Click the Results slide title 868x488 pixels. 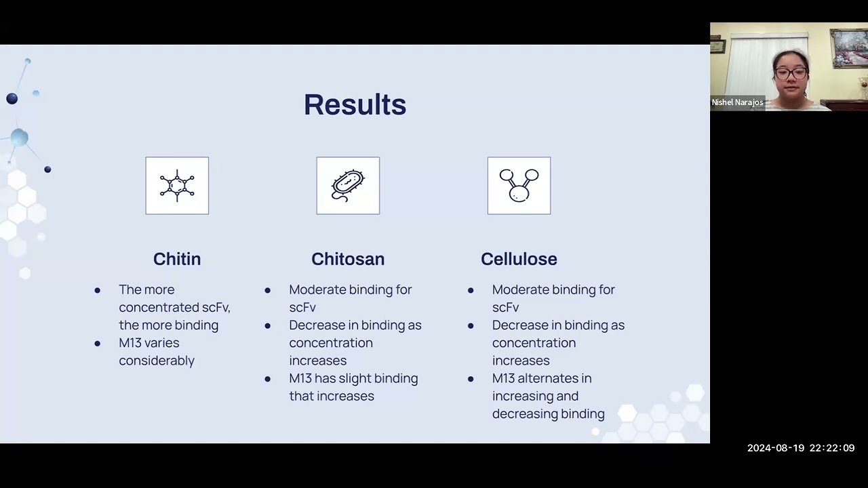[x=355, y=105]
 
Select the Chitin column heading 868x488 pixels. [x=177, y=259]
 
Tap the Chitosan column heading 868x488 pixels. [x=348, y=259]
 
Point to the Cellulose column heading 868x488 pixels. [x=519, y=259]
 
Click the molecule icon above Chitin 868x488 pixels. [x=177, y=186]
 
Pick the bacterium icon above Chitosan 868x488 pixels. [x=348, y=186]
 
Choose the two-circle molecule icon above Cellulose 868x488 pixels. [x=519, y=186]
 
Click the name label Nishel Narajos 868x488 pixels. [x=737, y=102]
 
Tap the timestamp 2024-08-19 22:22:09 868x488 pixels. [x=800, y=448]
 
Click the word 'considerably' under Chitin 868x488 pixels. [x=157, y=361]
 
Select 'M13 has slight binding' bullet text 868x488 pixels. [x=353, y=378]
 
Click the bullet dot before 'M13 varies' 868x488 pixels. [x=98, y=344]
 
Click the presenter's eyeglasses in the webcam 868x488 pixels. [x=790, y=73]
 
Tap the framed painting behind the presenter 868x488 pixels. [x=849, y=48]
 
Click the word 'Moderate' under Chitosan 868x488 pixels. [x=317, y=289]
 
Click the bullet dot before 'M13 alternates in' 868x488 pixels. [x=471, y=379]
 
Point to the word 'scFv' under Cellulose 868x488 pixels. [x=505, y=307]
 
